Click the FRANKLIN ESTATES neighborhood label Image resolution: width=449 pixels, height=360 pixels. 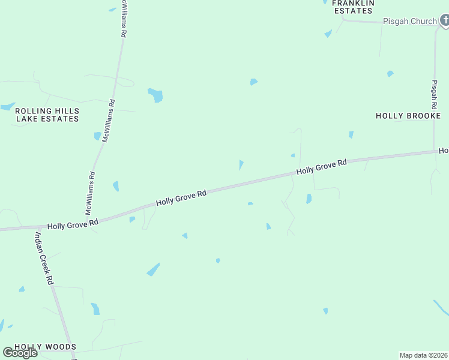pyautogui.click(x=353, y=6)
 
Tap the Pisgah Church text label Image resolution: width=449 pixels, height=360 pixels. pyautogui.click(x=411, y=21)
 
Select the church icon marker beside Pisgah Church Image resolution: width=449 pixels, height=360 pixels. pyautogui.click(x=444, y=21)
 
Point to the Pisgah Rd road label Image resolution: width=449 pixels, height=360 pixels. pyautogui.click(x=435, y=94)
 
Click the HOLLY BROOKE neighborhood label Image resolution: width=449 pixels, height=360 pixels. pyautogui.click(x=408, y=116)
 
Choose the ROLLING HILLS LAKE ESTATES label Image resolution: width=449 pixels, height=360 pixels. pyautogui.click(x=47, y=115)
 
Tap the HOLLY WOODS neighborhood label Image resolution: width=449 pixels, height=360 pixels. pyautogui.click(x=45, y=347)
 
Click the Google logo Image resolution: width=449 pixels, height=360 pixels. pyautogui.click(x=20, y=353)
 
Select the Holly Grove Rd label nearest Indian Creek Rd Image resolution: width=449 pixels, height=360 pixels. pyautogui.click(x=73, y=224)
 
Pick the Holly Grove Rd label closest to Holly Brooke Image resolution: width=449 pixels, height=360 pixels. pyautogui.click(x=322, y=166)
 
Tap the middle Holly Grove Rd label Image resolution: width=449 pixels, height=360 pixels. pyautogui.click(x=181, y=197)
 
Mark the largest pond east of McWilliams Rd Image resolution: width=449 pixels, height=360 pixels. pyautogui.click(x=155, y=95)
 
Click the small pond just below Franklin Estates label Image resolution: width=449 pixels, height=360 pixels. pyautogui.click(x=328, y=34)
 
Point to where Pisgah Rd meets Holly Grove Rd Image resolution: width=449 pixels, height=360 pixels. pyautogui.click(x=435, y=152)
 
